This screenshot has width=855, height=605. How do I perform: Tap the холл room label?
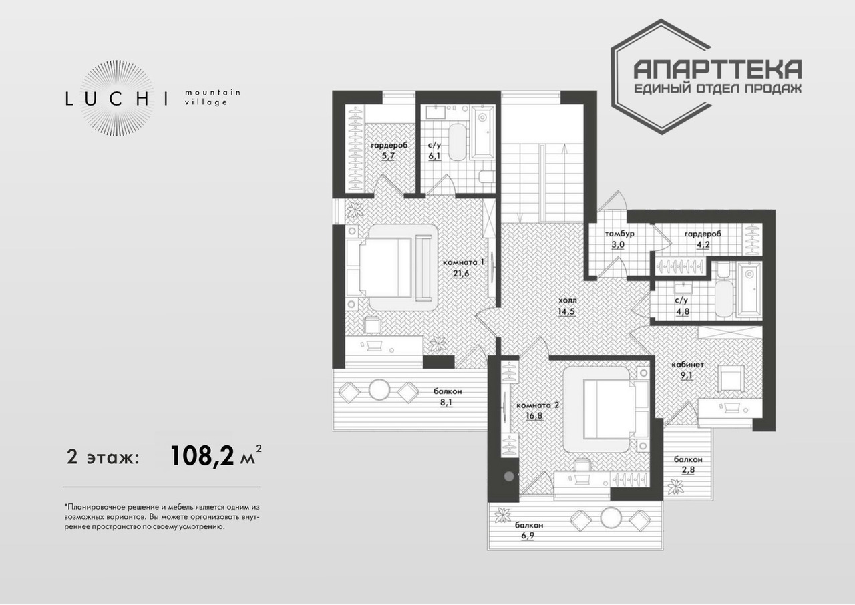click(566, 300)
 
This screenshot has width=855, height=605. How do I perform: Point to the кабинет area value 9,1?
click(686, 375)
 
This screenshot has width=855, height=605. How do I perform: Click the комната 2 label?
click(538, 405)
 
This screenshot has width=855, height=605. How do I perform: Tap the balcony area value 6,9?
click(528, 535)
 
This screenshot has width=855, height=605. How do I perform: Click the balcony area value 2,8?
click(688, 469)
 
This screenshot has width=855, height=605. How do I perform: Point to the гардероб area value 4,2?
click(703, 244)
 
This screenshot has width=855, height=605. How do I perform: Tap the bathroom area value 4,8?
click(683, 311)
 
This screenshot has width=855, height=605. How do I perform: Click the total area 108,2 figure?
click(202, 456)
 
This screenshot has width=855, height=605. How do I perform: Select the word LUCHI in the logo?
click(117, 99)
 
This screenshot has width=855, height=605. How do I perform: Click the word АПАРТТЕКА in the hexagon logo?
click(717, 70)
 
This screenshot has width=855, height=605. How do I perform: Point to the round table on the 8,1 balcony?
click(379, 389)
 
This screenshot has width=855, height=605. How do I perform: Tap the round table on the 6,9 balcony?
click(611, 517)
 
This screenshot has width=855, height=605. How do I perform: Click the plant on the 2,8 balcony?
click(676, 487)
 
